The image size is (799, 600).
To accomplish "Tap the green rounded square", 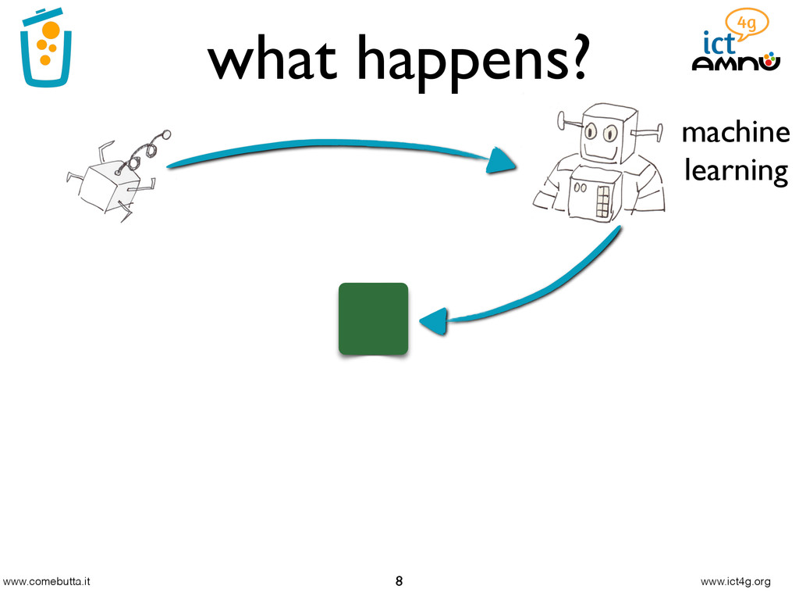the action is tap(373, 319).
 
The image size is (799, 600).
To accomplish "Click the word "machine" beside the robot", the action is tap(735, 133).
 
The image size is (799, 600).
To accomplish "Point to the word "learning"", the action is tap(735, 170).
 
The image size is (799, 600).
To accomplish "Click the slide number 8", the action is tap(399, 581).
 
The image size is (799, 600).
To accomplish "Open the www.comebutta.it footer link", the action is tap(47, 582).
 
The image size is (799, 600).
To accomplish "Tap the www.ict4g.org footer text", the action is tap(735, 582).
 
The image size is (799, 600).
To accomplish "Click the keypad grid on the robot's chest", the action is tap(602, 202).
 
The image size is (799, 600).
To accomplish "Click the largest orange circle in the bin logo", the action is tap(51, 31).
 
